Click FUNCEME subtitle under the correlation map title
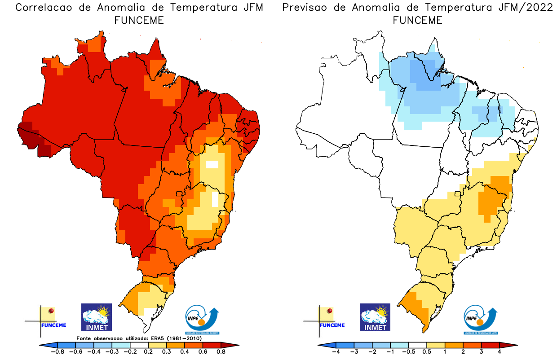139,20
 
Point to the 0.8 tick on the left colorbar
221,352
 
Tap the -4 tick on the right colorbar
336,352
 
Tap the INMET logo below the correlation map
96,317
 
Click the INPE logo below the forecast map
480,319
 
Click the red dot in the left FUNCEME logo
52,311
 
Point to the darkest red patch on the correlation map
31,134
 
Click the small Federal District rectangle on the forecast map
458,194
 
